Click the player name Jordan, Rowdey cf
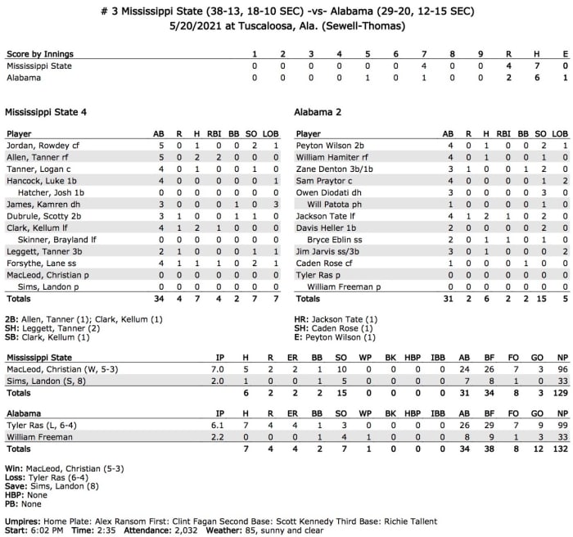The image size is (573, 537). coord(39,145)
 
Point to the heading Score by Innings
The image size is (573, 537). coord(38,53)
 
